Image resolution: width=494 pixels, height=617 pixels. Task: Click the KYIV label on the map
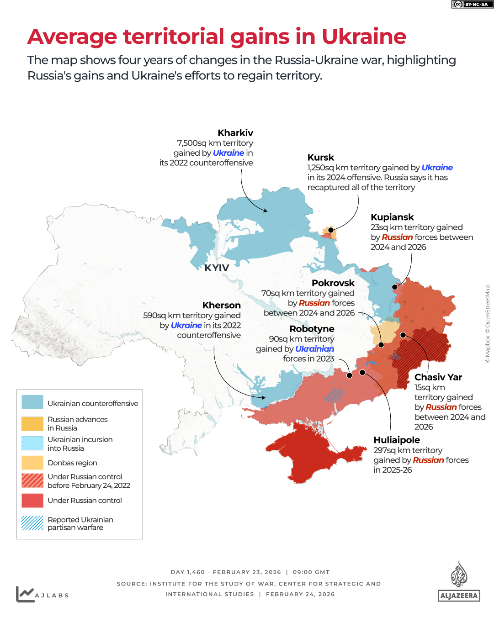tap(217, 268)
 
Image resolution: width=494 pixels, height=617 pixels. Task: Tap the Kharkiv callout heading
tap(235, 133)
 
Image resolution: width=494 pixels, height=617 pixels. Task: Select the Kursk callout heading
tap(321, 158)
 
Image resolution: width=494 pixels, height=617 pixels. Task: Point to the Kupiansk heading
tap(392, 217)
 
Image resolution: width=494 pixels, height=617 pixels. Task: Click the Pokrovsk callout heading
tap(333, 283)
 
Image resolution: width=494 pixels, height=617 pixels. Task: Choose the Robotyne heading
tap(312, 329)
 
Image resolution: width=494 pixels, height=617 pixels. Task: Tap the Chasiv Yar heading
tap(438, 377)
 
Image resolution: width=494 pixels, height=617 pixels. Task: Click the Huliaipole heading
tap(397, 440)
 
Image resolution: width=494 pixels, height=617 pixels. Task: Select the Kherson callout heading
tap(221, 306)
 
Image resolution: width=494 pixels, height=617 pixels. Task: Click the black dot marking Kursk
tap(331, 230)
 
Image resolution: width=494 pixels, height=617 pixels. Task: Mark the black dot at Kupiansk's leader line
tap(395, 287)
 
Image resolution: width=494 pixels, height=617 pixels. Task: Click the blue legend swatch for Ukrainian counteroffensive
tap(32, 402)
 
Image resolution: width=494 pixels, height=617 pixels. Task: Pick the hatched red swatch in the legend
tap(32, 480)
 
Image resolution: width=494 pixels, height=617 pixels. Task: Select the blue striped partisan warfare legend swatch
tap(32, 523)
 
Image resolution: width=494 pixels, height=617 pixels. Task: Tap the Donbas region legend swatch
tap(32, 463)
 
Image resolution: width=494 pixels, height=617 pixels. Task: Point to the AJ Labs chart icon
tap(25, 594)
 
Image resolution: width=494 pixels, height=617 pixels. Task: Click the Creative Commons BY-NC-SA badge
tap(473, 4)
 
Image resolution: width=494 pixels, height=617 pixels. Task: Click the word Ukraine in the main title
tap(364, 37)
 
